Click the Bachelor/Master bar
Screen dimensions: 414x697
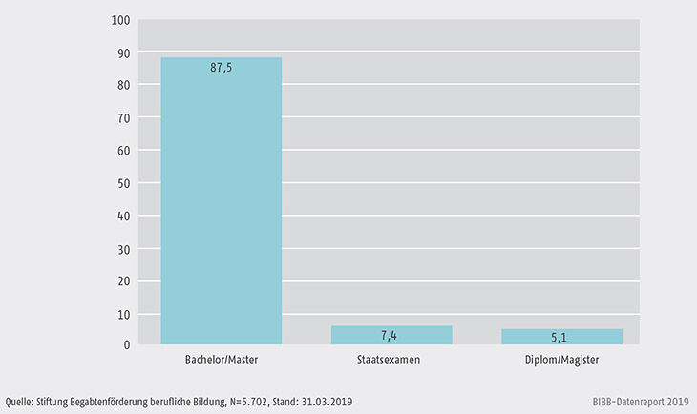[221, 200]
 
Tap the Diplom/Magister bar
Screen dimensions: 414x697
[561, 336]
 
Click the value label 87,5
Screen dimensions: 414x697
[221, 67]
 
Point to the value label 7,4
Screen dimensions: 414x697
[391, 335]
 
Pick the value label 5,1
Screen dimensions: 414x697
[561, 337]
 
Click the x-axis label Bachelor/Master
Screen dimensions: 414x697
[221, 362]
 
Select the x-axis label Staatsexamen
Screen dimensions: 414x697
[391, 362]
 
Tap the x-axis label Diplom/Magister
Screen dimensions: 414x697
[561, 362]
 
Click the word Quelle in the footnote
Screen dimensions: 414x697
[21, 402]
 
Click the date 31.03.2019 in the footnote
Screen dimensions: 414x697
[325, 402]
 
